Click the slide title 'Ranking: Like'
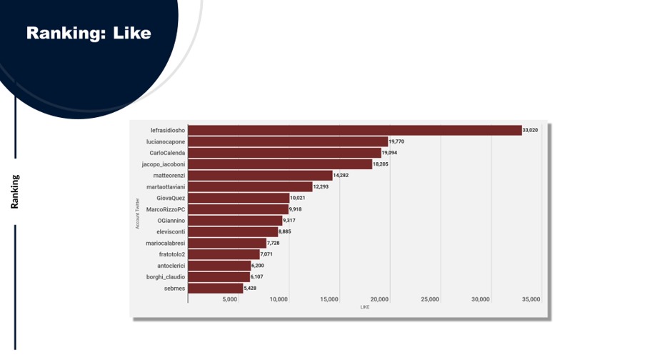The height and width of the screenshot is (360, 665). click(x=89, y=33)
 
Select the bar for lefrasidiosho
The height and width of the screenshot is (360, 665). click(x=354, y=130)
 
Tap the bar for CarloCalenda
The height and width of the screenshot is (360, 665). click(x=284, y=153)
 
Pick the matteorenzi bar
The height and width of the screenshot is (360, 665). click(x=260, y=175)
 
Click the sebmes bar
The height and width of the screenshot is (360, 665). click(x=215, y=288)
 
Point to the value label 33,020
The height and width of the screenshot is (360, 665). click(x=530, y=130)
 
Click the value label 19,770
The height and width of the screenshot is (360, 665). click(x=396, y=141)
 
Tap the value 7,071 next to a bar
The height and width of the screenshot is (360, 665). click(x=268, y=254)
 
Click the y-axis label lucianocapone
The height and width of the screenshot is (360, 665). click(x=166, y=141)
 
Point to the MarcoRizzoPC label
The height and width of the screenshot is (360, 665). click(x=166, y=209)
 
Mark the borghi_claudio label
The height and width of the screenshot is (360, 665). click(x=166, y=276)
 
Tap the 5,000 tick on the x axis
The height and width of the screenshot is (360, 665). click(x=230, y=299)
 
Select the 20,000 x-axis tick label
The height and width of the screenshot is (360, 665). click(x=380, y=299)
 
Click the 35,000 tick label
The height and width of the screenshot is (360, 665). click(x=531, y=299)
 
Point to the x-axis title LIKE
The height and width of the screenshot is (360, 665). click(x=365, y=307)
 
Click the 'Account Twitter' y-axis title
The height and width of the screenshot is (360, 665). click(x=137, y=214)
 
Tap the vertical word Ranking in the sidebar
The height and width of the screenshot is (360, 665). click(x=15, y=191)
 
